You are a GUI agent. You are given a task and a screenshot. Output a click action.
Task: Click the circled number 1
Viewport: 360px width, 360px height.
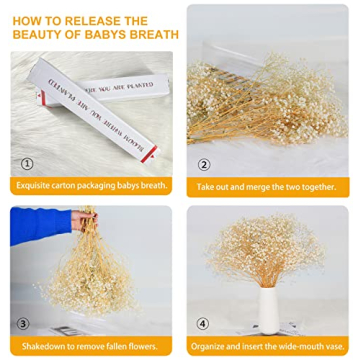[x=27, y=163]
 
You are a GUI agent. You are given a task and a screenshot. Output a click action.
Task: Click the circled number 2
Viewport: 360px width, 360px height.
[x=204, y=164]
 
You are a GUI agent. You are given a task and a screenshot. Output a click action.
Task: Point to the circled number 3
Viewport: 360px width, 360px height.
[x=27, y=323]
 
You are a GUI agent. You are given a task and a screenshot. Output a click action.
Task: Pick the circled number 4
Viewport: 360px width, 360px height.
[x=203, y=323]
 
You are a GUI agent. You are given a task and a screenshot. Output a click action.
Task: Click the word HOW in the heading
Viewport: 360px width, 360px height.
[x=26, y=19]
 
